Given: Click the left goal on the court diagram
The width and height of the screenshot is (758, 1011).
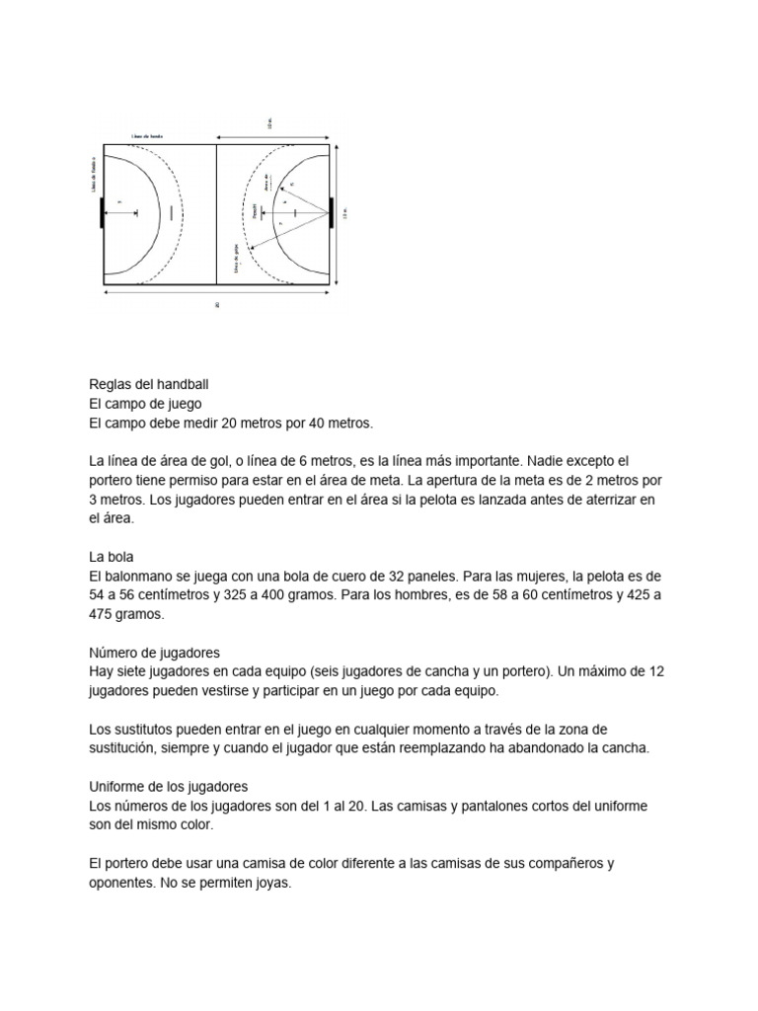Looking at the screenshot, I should [x=102, y=212].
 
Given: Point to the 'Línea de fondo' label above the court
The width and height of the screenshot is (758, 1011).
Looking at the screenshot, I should [x=147, y=136].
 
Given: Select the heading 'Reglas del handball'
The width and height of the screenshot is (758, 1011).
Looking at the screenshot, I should [x=148, y=383].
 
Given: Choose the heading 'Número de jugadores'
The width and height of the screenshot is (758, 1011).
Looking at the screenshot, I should [x=154, y=653].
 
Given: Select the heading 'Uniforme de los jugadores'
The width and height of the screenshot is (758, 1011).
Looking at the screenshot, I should [x=168, y=787].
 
